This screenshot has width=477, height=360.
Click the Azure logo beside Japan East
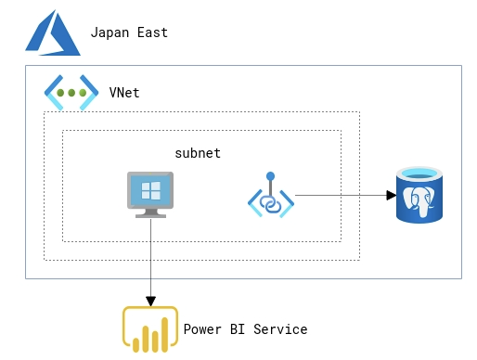[x=52, y=34]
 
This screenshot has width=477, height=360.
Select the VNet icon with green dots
[x=71, y=93]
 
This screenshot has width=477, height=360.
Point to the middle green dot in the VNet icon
[x=71, y=93]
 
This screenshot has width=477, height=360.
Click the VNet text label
[x=124, y=93]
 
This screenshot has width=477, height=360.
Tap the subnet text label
[x=198, y=153]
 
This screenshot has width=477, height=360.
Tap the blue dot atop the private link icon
[x=270, y=175]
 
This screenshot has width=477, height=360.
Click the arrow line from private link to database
[x=339, y=195]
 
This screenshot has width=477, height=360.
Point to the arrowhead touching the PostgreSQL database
[x=391, y=195]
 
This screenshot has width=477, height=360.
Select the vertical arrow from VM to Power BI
[x=150, y=260]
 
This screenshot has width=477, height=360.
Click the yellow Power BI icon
[x=150, y=329]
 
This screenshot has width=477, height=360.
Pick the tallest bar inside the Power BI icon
[x=164, y=334]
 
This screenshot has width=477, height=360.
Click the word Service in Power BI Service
[x=279, y=329]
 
